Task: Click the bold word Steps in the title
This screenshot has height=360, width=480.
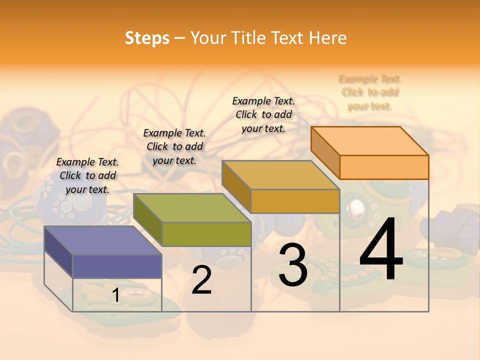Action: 147,38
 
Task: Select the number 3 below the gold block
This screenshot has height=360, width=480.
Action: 293,265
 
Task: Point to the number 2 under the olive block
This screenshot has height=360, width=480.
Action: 201,280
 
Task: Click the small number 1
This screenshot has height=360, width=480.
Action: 115,295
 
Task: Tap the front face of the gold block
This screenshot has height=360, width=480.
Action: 295,201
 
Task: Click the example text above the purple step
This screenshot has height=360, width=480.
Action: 87,175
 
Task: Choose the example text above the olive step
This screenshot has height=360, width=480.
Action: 174,146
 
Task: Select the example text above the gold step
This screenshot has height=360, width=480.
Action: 263,114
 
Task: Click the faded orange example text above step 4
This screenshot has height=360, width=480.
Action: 370,92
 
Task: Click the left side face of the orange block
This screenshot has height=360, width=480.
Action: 325,152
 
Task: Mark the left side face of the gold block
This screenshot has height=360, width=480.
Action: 236,186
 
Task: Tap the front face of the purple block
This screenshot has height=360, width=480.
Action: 117,266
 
